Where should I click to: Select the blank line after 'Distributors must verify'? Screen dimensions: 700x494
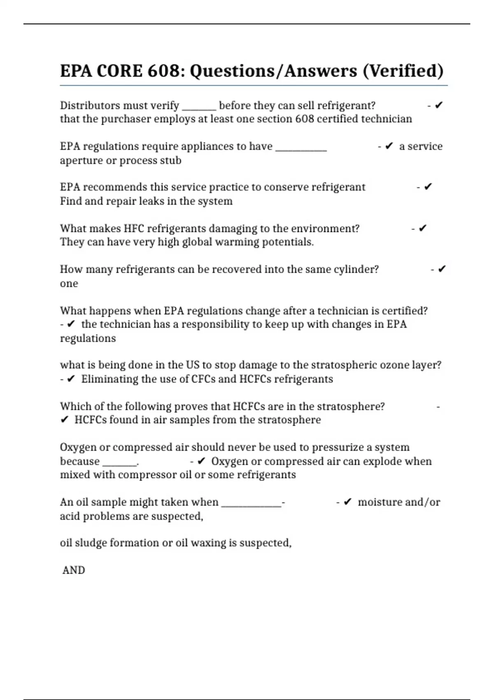point(199,108)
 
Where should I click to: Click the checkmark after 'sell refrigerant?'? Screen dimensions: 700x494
point(438,105)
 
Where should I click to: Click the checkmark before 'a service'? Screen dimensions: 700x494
point(389,146)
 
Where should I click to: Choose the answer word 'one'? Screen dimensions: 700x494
point(69,284)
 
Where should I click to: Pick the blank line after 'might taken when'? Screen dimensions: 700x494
point(251,505)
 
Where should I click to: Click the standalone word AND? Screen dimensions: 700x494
point(74,570)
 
